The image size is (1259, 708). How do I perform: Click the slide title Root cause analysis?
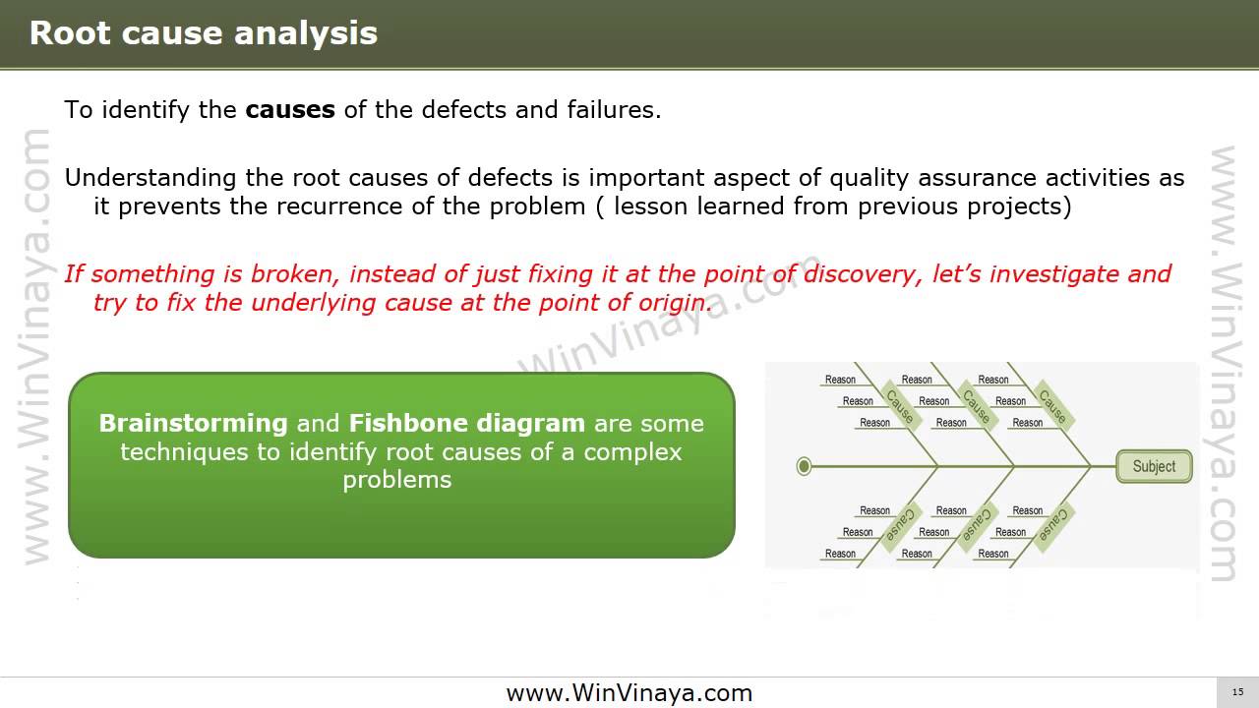pos(204,33)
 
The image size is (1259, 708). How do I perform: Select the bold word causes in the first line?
pos(290,109)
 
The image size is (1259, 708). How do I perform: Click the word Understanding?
pos(150,178)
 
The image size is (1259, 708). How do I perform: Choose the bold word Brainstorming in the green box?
pos(193,424)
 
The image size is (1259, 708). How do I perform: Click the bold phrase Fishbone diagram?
pos(467,424)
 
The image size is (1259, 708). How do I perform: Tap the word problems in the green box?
pos(397,480)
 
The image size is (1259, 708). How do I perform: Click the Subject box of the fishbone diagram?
pos(1154,466)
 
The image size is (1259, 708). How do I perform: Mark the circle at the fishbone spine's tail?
pos(804,466)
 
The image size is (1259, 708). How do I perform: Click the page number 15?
pos(1237,692)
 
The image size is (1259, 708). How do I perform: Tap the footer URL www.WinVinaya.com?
pos(629,693)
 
